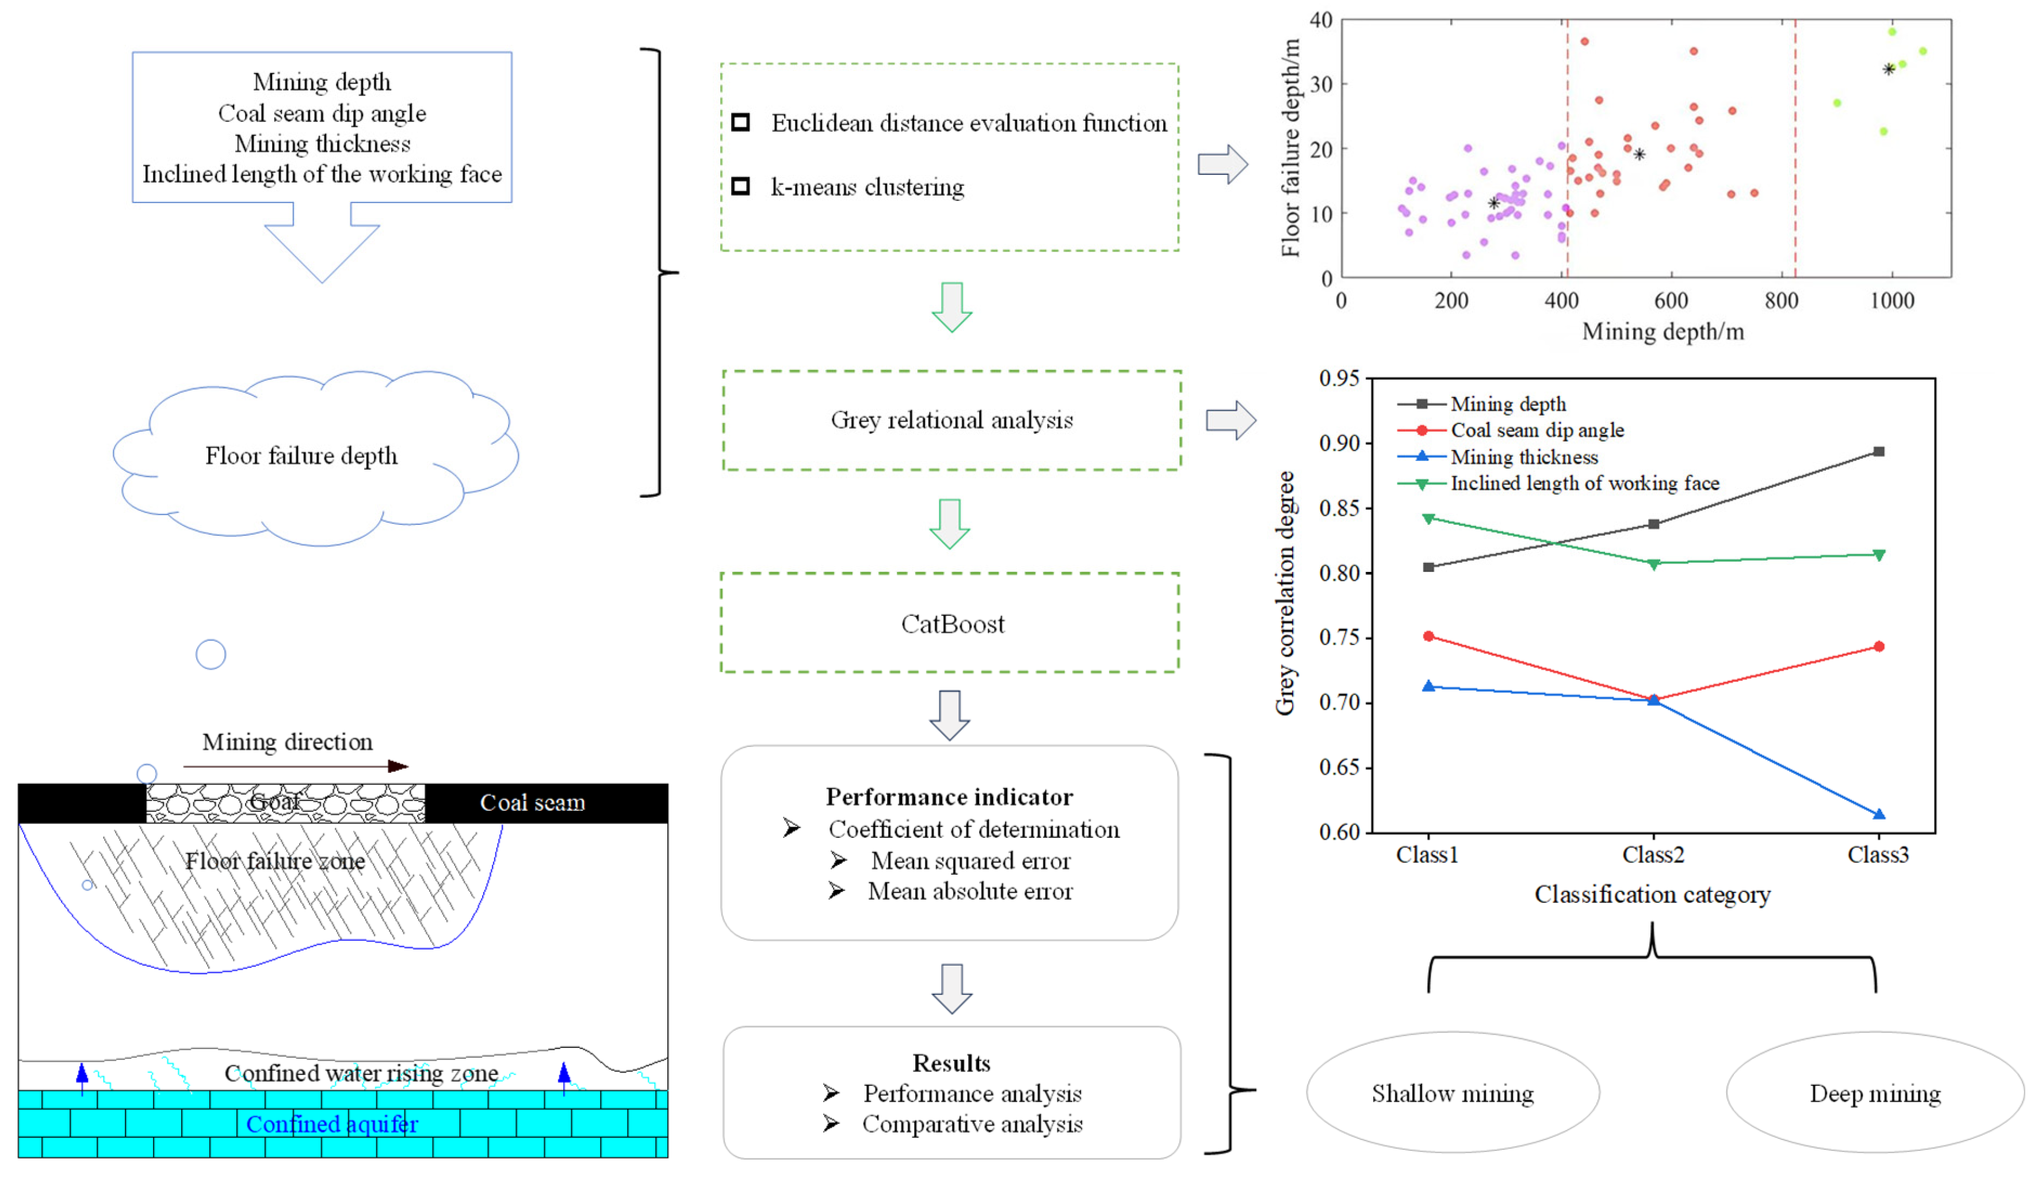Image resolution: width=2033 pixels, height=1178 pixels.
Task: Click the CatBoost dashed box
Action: (950, 623)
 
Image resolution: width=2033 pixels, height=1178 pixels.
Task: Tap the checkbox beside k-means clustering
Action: (740, 186)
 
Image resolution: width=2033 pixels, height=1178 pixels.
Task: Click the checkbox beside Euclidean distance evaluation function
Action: (740, 122)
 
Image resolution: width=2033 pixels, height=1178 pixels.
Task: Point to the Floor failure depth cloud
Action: (301, 456)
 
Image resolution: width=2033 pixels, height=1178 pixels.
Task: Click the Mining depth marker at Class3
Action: (1879, 452)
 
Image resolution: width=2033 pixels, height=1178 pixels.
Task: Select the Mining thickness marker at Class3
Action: (1879, 815)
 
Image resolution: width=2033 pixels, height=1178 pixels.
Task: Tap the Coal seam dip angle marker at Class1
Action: (1429, 636)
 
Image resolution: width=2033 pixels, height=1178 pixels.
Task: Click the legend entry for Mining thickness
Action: (1523, 457)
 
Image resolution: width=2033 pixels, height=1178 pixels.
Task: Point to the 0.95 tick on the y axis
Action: (1339, 379)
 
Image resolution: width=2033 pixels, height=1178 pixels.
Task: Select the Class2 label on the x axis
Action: (1653, 855)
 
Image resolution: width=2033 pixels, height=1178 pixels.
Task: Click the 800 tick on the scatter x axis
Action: (1781, 301)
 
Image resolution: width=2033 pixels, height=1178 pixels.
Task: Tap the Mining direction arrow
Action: (295, 766)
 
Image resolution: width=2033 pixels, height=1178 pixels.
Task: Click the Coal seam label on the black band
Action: (533, 802)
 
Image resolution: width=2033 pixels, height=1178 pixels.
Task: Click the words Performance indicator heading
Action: (949, 797)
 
